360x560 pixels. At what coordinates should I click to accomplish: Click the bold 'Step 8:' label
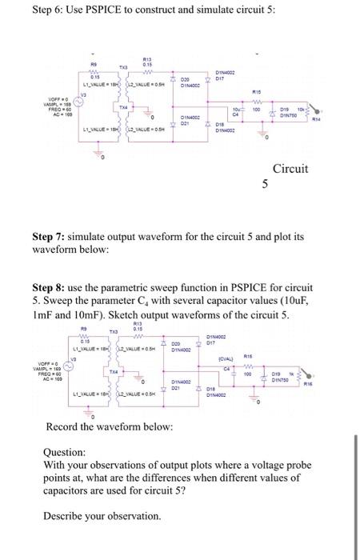click(50, 286)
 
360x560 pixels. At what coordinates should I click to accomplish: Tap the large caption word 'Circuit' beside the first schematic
click(290, 169)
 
